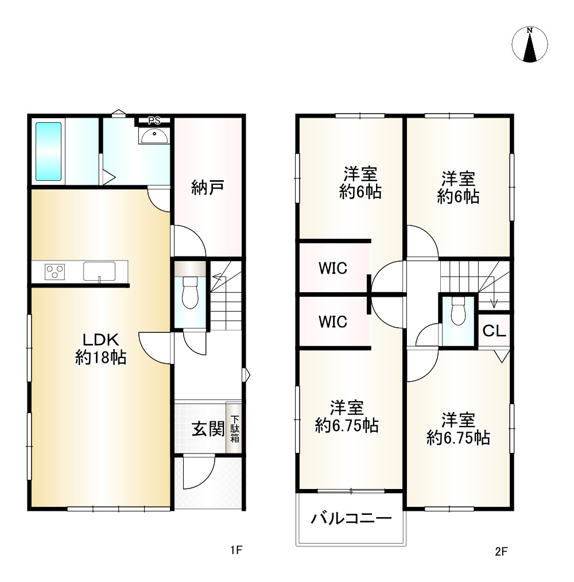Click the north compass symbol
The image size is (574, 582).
coord(529,44)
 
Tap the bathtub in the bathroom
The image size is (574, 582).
coord(48,152)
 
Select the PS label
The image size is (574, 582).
coord(154,121)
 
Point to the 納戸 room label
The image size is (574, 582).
coord(208,188)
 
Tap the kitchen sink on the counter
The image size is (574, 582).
coord(99,271)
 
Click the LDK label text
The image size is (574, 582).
coord(100,340)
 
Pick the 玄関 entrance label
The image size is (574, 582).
coord(208,429)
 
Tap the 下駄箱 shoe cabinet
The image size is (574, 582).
coord(234,428)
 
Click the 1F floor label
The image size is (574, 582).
coord(236,550)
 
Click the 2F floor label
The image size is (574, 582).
coord(501,552)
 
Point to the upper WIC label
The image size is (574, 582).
coord(333,268)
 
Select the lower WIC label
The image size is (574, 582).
coord(333,321)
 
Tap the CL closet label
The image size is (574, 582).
coord(494,331)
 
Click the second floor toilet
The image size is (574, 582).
coord(458,311)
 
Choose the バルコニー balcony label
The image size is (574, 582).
coord(351,518)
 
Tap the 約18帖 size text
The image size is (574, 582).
coord(100,357)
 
